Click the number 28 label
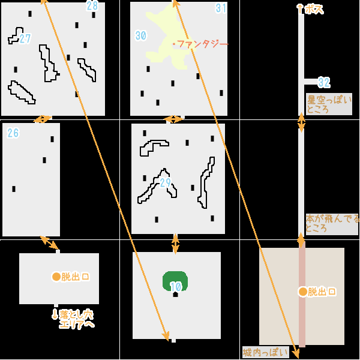click(92, 6)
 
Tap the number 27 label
click(25, 39)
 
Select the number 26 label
click(13, 133)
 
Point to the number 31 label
click(221, 8)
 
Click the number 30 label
click(141, 36)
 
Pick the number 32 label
click(324, 82)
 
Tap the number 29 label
click(166, 182)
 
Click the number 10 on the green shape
click(175, 287)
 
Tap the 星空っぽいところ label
click(329, 104)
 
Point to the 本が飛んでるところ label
click(332, 224)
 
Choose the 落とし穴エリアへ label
click(74, 319)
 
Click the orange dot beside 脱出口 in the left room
click(56, 277)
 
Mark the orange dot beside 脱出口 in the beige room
click(302, 292)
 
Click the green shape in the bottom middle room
click(175, 281)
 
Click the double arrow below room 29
click(175, 244)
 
